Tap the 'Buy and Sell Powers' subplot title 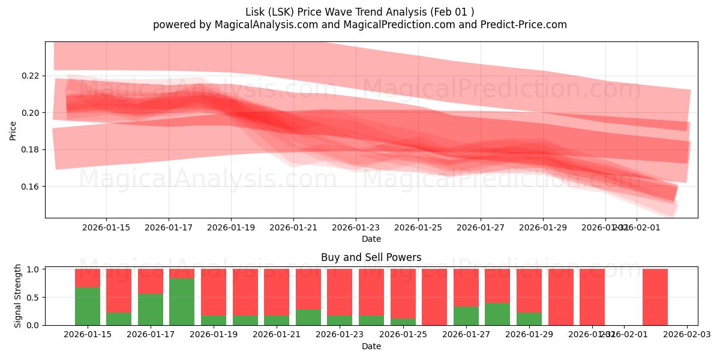coord(371,257)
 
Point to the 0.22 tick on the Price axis coord(31,76)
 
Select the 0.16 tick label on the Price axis coord(31,187)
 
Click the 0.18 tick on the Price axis coord(31,149)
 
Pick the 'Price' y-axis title coord(13,130)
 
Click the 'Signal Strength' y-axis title coord(17,296)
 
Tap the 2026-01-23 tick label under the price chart coord(356,227)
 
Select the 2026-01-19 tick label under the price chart coord(231,227)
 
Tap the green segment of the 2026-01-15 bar coord(88,306)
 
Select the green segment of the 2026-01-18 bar coord(182,301)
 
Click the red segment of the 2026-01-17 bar coord(151,281)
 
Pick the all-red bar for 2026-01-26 coord(434,297)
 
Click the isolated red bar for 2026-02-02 coord(655,297)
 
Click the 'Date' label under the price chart coord(371,239)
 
